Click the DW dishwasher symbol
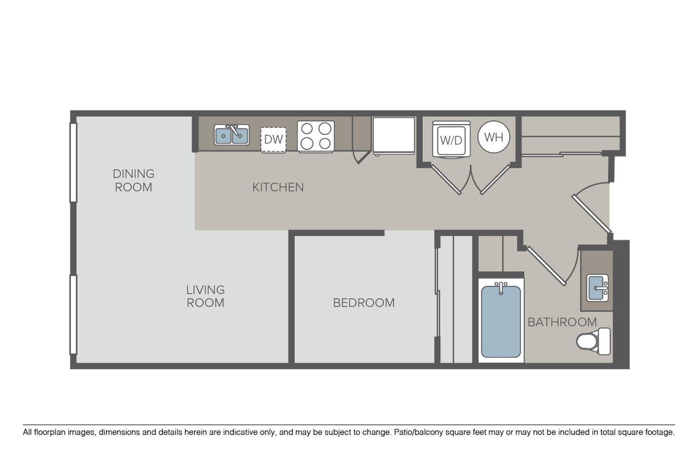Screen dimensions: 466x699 tap(273, 139)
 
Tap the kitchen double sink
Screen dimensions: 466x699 tap(232, 135)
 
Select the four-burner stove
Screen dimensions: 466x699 tap(316, 136)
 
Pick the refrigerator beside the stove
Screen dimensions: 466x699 tap(393, 135)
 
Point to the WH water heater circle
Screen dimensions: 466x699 tap(494, 137)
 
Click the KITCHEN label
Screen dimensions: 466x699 tap(278, 187)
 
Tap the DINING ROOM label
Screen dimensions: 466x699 tap(134, 180)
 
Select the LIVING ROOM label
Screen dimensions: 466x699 tap(205, 296)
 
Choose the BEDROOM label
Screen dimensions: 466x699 tap(364, 303)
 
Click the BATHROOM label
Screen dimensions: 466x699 tap(562, 322)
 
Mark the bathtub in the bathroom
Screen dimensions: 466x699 tap(501, 321)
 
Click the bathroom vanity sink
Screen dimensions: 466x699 tap(597, 288)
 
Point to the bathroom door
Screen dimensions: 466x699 tap(546, 265)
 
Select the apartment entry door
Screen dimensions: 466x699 tap(592, 213)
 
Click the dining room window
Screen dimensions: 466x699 tap(73, 162)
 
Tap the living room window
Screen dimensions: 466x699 tap(73, 314)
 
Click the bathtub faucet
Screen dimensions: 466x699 tap(501, 287)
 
